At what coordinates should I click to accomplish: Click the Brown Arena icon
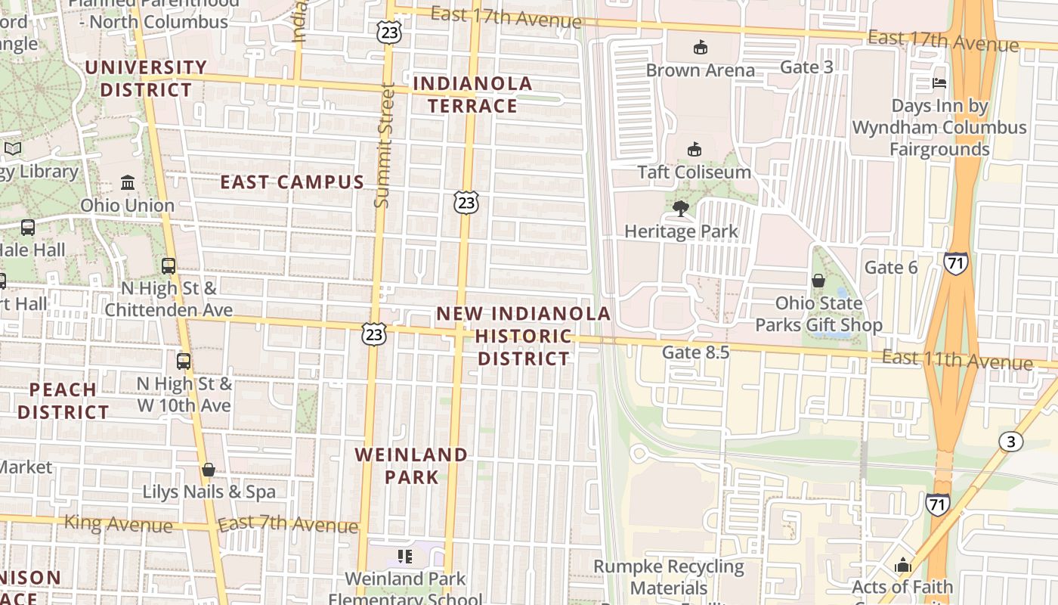tap(700, 48)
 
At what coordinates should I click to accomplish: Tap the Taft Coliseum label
tap(694, 172)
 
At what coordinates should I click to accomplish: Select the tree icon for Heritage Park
tap(680, 208)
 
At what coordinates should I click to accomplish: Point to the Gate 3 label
tap(806, 67)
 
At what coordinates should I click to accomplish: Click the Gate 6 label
tap(891, 268)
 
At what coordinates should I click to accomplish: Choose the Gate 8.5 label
tap(695, 352)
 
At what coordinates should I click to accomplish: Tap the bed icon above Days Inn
tap(939, 82)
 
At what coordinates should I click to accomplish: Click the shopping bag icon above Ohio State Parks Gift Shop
tap(818, 281)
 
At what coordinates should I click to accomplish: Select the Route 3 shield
tap(1010, 442)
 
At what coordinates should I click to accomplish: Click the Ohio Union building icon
tap(128, 183)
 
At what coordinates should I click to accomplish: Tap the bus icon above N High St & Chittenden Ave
tap(169, 266)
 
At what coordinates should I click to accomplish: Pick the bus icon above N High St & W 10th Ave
tap(184, 361)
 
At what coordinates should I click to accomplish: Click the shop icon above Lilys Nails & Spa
tap(209, 470)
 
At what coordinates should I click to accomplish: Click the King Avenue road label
tap(119, 523)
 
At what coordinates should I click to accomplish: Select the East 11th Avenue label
tap(957, 359)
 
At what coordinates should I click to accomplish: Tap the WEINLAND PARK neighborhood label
tap(412, 466)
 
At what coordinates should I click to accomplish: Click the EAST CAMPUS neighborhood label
tap(292, 182)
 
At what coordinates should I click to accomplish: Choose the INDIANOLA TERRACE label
tap(473, 95)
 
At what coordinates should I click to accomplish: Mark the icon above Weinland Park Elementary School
tap(405, 557)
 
